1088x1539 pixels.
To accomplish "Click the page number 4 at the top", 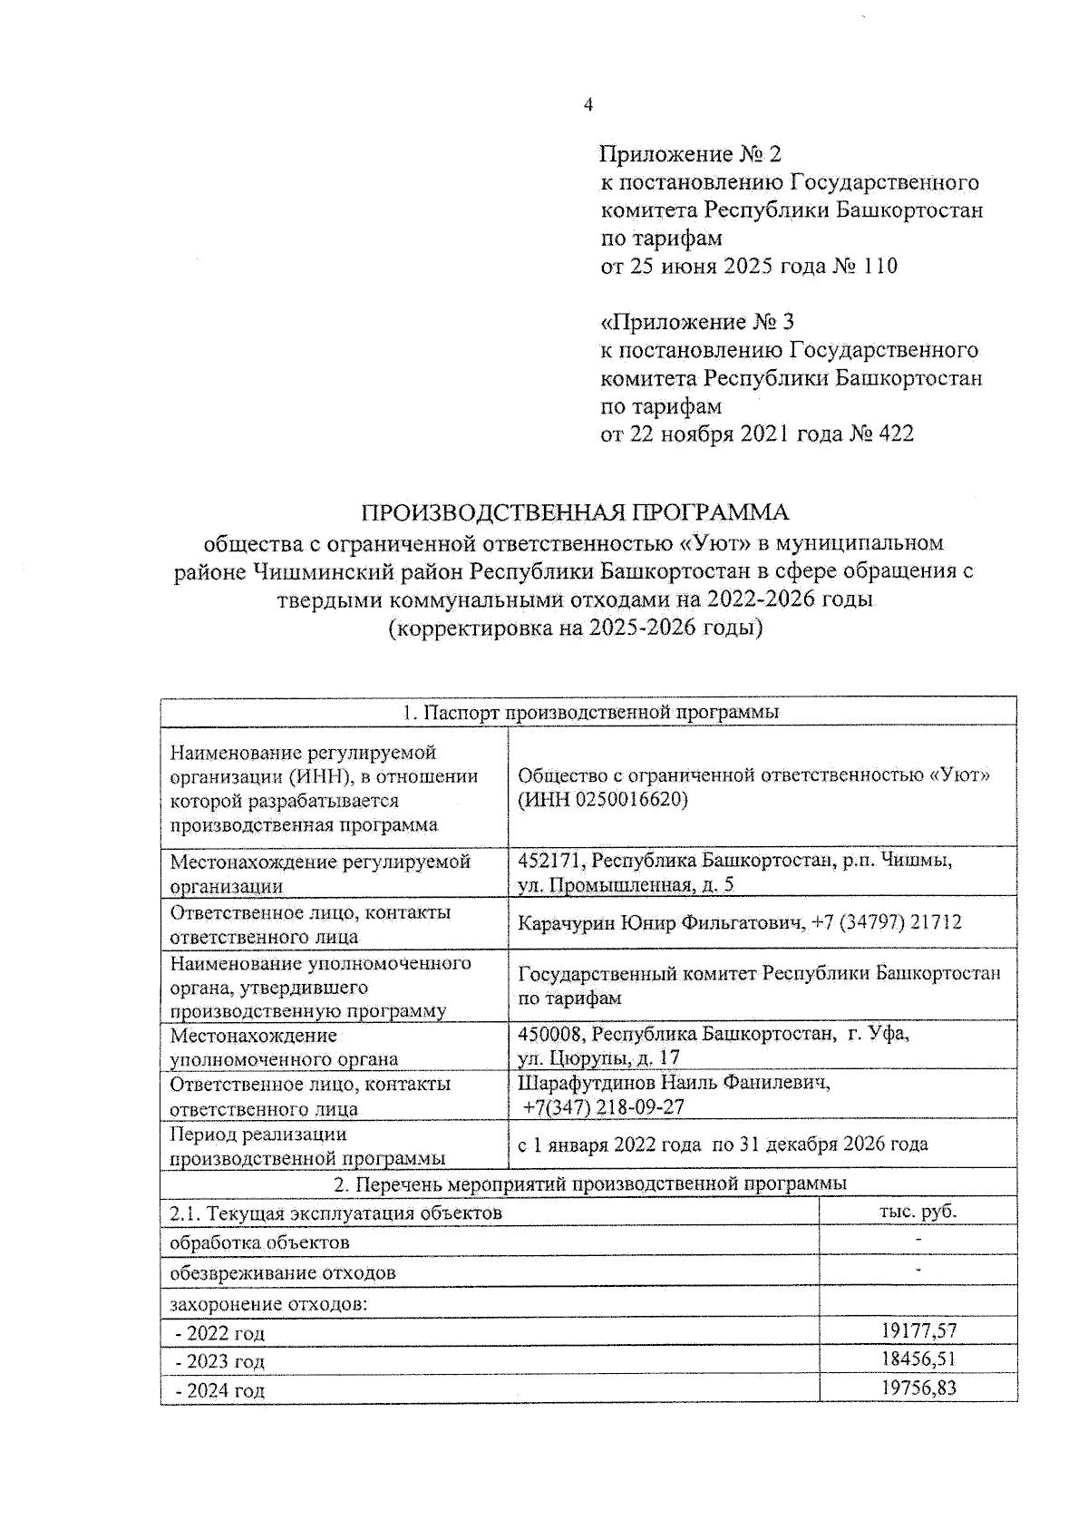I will coord(588,105).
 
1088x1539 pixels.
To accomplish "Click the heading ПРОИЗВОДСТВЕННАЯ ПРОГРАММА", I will coord(575,512).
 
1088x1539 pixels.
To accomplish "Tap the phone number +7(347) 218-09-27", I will coord(604,1107).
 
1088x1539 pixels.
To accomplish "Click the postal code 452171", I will coord(549,860).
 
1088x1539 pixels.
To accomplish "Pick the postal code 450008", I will coord(549,1033).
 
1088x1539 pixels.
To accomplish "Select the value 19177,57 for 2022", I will coord(918,1330).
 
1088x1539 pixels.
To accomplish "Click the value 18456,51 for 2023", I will coord(918,1359).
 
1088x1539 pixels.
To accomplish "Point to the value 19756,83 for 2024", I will coord(918,1388).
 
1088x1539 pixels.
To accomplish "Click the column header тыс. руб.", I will coord(918,1212).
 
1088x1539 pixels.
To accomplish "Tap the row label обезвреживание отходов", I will coord(283,1272).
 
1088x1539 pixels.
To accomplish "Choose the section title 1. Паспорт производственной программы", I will coord(589,712).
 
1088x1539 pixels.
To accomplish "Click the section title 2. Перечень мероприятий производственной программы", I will coord(589,1183).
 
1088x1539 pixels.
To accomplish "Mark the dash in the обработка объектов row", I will coord(918,1241).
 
